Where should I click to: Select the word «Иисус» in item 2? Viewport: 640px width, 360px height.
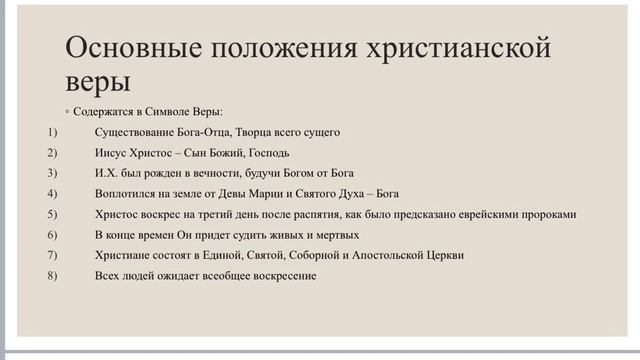[109, 153]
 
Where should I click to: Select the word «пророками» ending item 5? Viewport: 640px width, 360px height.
[552, 214]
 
